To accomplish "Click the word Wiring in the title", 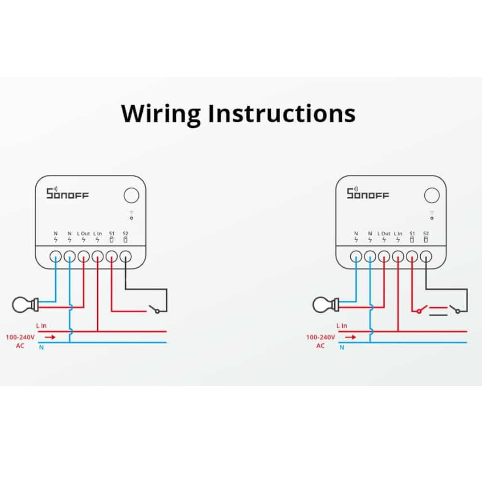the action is pos(161,114).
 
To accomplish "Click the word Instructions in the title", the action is pos(281,113).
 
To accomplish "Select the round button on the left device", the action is pos(131,195).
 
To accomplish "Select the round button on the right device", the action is pos(431,195).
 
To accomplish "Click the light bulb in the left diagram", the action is pos(25,305).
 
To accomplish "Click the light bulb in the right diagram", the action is pos(325,305).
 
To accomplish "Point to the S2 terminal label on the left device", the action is pos(125,234).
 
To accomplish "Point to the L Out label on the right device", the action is pos(384,234).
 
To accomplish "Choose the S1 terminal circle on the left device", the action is pos(112,256).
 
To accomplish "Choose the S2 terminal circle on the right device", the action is pos(426,256).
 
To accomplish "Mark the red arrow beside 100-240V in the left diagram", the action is pos(50,337).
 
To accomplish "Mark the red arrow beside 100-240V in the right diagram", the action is pos(350,337).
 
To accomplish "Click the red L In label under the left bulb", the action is pos(41,325).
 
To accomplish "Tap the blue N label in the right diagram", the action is pos(342,348).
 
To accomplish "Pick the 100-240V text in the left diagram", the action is pos(20,337).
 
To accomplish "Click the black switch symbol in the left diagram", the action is pos(154,309).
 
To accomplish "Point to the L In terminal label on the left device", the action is pos(97,234).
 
